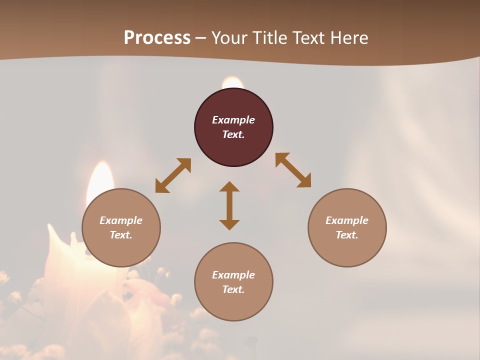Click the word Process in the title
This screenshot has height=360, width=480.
coord(157,38)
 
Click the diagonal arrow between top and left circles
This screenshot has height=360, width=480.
coord(173,175)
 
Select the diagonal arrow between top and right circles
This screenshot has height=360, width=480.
coord(293,170)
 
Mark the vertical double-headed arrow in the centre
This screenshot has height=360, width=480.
coord(229,205)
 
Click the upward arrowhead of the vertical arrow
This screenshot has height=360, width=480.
coord(229,187)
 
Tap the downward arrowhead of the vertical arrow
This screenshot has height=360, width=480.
coord(229,224)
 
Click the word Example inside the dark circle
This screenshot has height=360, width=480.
coord(233,120)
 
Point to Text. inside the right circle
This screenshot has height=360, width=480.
coord(347,235)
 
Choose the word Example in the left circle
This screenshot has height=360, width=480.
coord(121,220)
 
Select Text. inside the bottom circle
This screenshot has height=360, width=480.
coord(233,289)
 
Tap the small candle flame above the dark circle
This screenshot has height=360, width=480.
coord(232,82)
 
